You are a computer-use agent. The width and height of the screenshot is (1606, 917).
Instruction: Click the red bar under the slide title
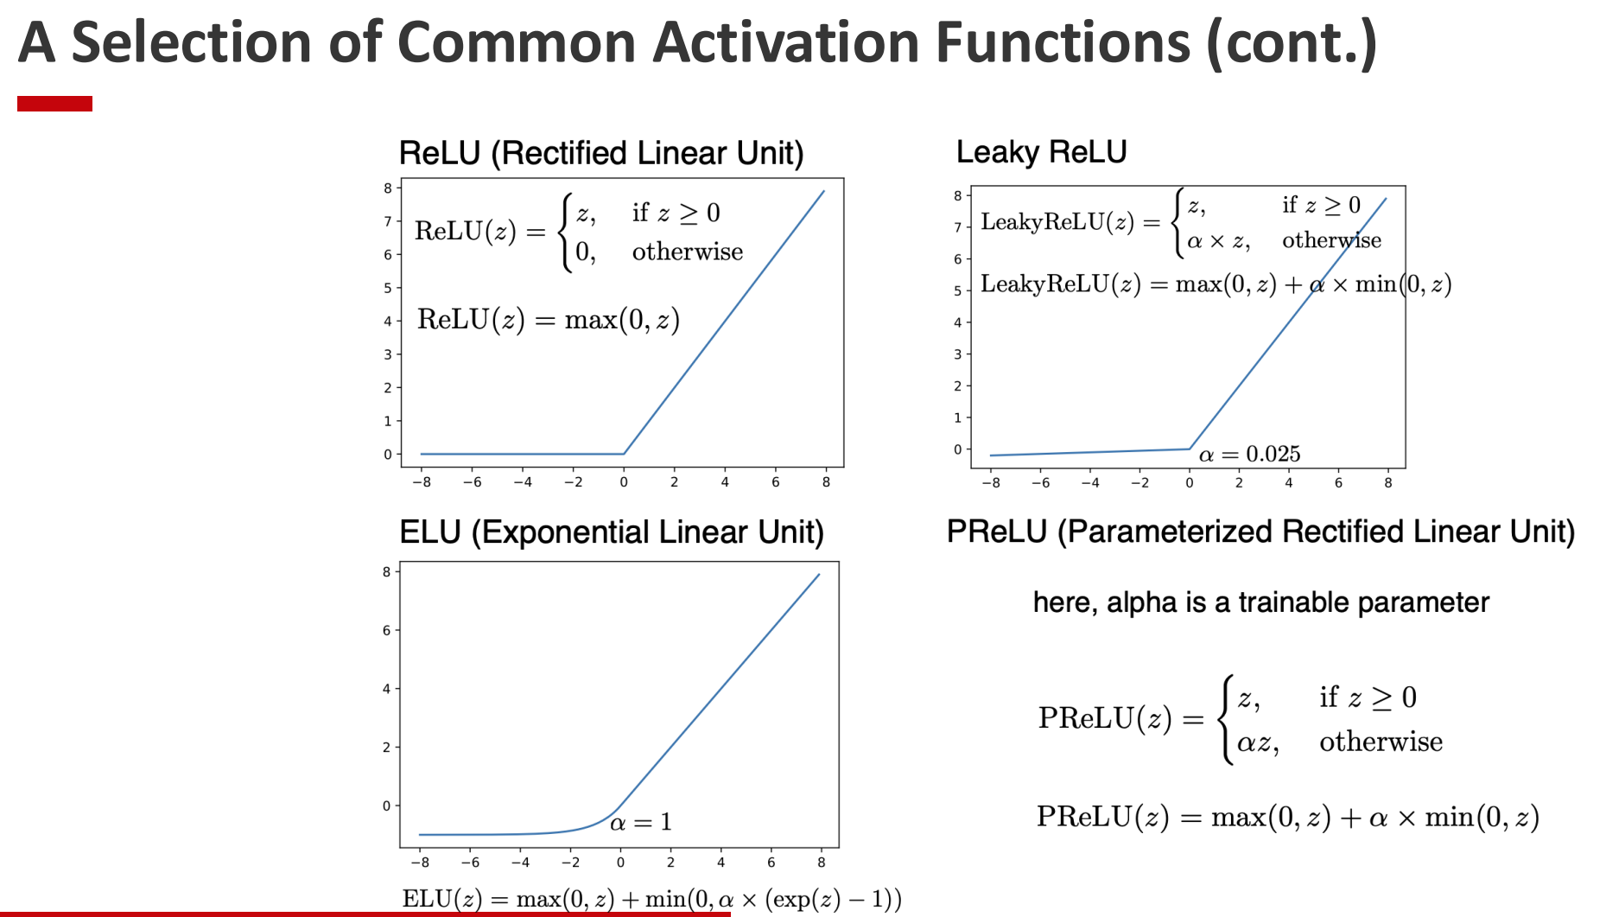[54, 104]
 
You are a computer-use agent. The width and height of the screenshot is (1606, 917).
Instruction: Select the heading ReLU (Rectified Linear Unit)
[601, 153]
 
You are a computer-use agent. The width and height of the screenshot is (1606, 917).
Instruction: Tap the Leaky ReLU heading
[1041, 152]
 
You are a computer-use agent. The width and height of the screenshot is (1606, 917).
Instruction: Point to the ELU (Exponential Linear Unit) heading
[611, 532]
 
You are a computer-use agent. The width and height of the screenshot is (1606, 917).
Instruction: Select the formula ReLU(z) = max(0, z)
[549, 320]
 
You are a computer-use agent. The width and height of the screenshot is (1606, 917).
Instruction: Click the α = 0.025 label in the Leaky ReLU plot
[1249, 454]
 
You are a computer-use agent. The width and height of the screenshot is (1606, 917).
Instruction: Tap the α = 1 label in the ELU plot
[640, 822]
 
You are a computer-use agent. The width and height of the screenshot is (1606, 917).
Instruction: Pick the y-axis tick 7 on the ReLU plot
[388, 221]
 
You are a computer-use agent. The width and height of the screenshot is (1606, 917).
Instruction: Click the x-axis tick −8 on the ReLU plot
[422, 482]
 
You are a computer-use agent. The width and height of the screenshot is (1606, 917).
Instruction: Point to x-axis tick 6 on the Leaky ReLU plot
[1338, 483]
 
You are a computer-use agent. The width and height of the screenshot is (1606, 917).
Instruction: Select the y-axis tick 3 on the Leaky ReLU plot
[957, 354]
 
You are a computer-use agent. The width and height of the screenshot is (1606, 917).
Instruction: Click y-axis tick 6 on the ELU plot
[386, 631]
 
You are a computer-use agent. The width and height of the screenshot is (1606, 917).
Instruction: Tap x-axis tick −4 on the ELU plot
[520, 863]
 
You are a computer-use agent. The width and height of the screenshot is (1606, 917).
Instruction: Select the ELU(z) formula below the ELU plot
[651, 899]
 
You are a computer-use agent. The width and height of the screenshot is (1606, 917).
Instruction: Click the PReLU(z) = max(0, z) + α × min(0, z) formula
[1287, 817]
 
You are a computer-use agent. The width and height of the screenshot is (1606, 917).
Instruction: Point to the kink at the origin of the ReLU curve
[624, 453]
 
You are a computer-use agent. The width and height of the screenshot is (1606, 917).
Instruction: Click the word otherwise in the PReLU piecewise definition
[1381, 742]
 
